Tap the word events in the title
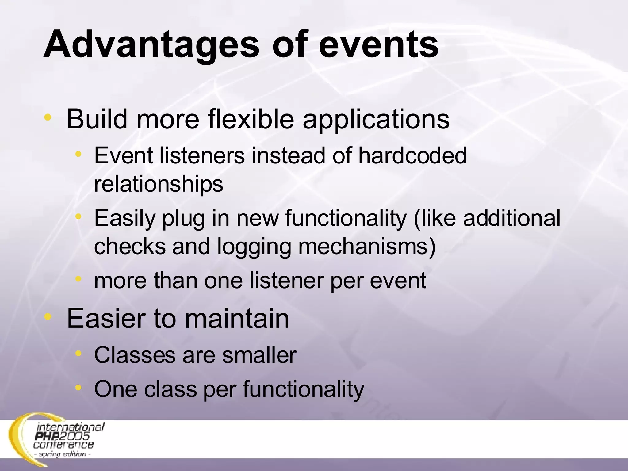click(379, 45)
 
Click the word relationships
click(159, 184)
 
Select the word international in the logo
click(71, 427)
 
